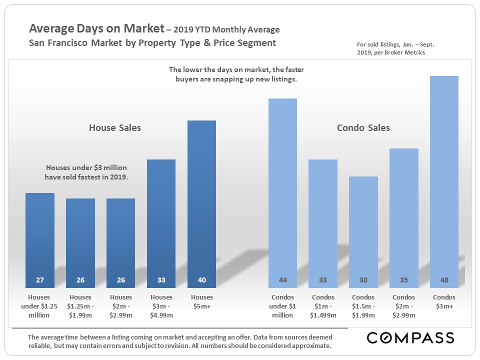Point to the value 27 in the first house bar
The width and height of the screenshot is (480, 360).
pos(40,280)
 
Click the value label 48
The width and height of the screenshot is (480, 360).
pos(444,280)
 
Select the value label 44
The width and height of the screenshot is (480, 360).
pos(282,280)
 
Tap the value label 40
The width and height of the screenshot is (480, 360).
pos(201,280)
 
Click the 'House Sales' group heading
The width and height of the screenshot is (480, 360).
pos(115,128)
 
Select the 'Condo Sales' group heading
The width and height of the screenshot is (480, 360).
pos(363,128)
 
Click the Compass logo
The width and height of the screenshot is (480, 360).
pos(410,338)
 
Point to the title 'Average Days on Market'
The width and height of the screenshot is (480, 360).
pos(96,29)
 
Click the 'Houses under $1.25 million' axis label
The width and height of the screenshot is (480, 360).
pos(39,306)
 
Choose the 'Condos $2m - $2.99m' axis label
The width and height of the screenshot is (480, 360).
pos(403,306)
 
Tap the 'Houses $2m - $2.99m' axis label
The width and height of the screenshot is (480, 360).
pos(120,306)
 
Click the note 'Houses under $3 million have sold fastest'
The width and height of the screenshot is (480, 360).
pos(86,172)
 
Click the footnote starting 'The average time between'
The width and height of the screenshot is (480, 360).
pos(180,341)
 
